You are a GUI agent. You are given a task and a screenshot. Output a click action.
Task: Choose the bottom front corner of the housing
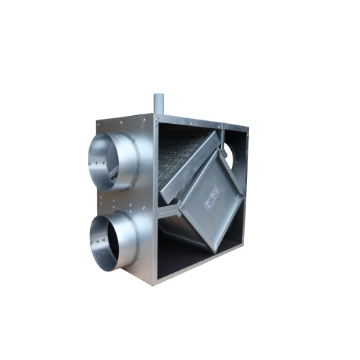(x=153, y=283)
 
